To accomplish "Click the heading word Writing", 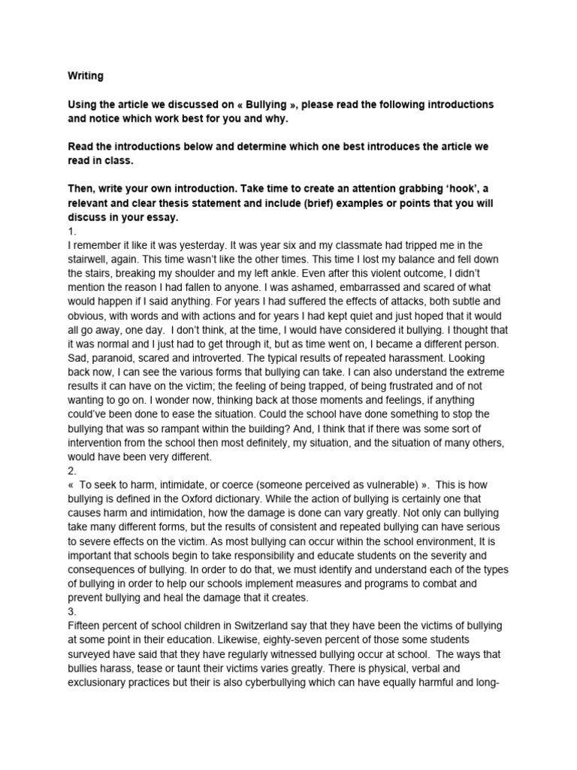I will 86,75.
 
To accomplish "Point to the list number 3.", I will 71,612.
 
